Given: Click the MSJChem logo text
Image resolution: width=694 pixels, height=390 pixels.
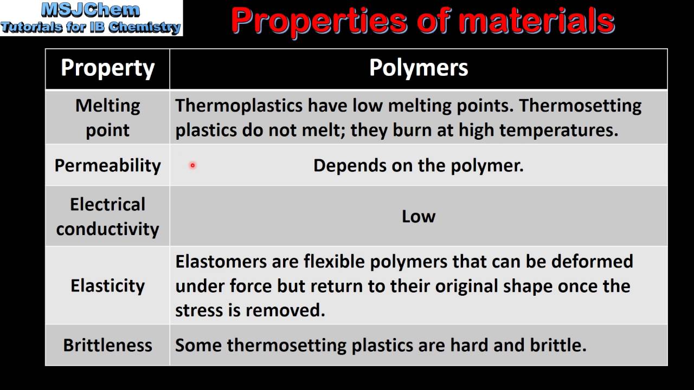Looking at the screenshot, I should (x=91, y=10).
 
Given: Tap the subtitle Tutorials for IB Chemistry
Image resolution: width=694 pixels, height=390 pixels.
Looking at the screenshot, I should (x=91, y=27).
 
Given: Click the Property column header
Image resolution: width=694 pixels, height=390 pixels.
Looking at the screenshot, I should (x=107, y=68).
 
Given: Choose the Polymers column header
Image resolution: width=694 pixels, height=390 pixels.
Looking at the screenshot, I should (x=418, y=68).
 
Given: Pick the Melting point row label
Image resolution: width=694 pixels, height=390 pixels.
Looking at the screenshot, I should (x=107, y=118).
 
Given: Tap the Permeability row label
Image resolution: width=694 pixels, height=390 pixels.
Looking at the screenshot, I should (x=107, y=165).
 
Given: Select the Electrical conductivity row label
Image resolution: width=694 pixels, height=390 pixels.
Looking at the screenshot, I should (x=107, y=216).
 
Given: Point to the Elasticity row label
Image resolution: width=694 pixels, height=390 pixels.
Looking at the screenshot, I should (x=107, y=285).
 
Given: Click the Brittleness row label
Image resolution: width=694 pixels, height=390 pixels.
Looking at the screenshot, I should (x=107, y=345).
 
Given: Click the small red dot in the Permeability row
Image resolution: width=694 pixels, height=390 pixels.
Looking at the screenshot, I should (x=192, y=166).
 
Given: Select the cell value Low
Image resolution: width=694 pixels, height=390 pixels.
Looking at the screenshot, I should (x=418, y=216).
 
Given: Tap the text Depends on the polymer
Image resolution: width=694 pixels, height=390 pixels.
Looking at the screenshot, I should (x=418, y=165).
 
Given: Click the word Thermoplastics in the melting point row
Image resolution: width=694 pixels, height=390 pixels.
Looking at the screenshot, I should (x=239, y=106).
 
